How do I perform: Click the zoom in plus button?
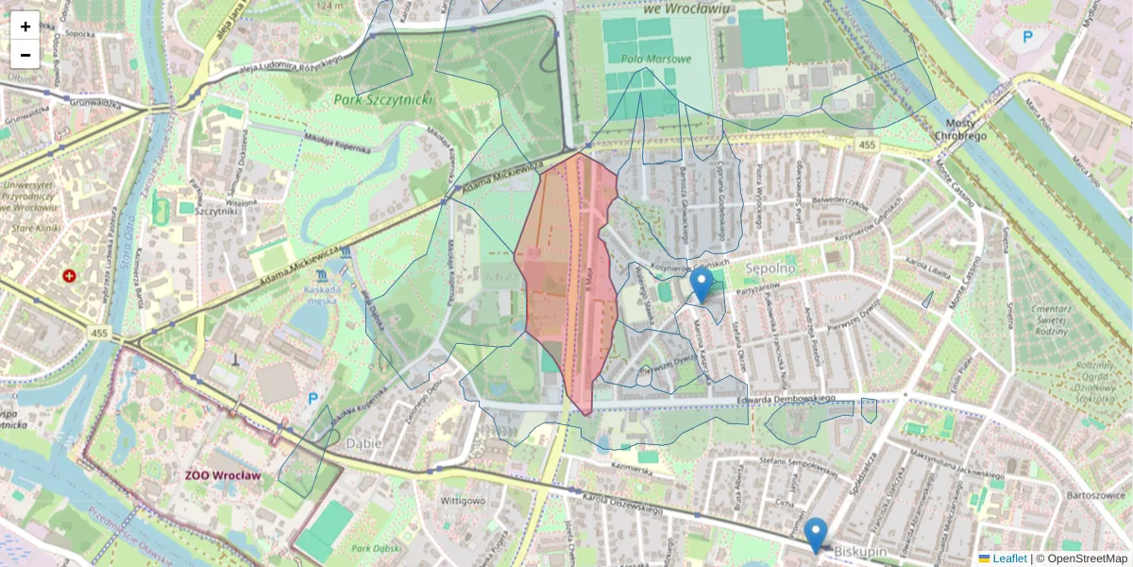click(x=25, y=26)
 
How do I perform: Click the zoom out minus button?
click(x=25, y=55)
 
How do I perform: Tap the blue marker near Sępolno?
click(x=701, y=284)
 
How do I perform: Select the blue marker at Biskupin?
click(x=816, y=534)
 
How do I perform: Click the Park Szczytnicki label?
click(x=381, y=98)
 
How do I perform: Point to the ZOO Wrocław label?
click(x=223, y=475)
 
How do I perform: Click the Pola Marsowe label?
click(x=656, y=59)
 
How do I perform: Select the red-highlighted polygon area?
click(x=566, y=283)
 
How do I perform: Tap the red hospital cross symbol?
click(x=69, y=276)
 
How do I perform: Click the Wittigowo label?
click(x=463, y=500)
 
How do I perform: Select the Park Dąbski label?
click(x=372, y=548)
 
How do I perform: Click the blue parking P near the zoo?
click(x=313, y=399)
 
